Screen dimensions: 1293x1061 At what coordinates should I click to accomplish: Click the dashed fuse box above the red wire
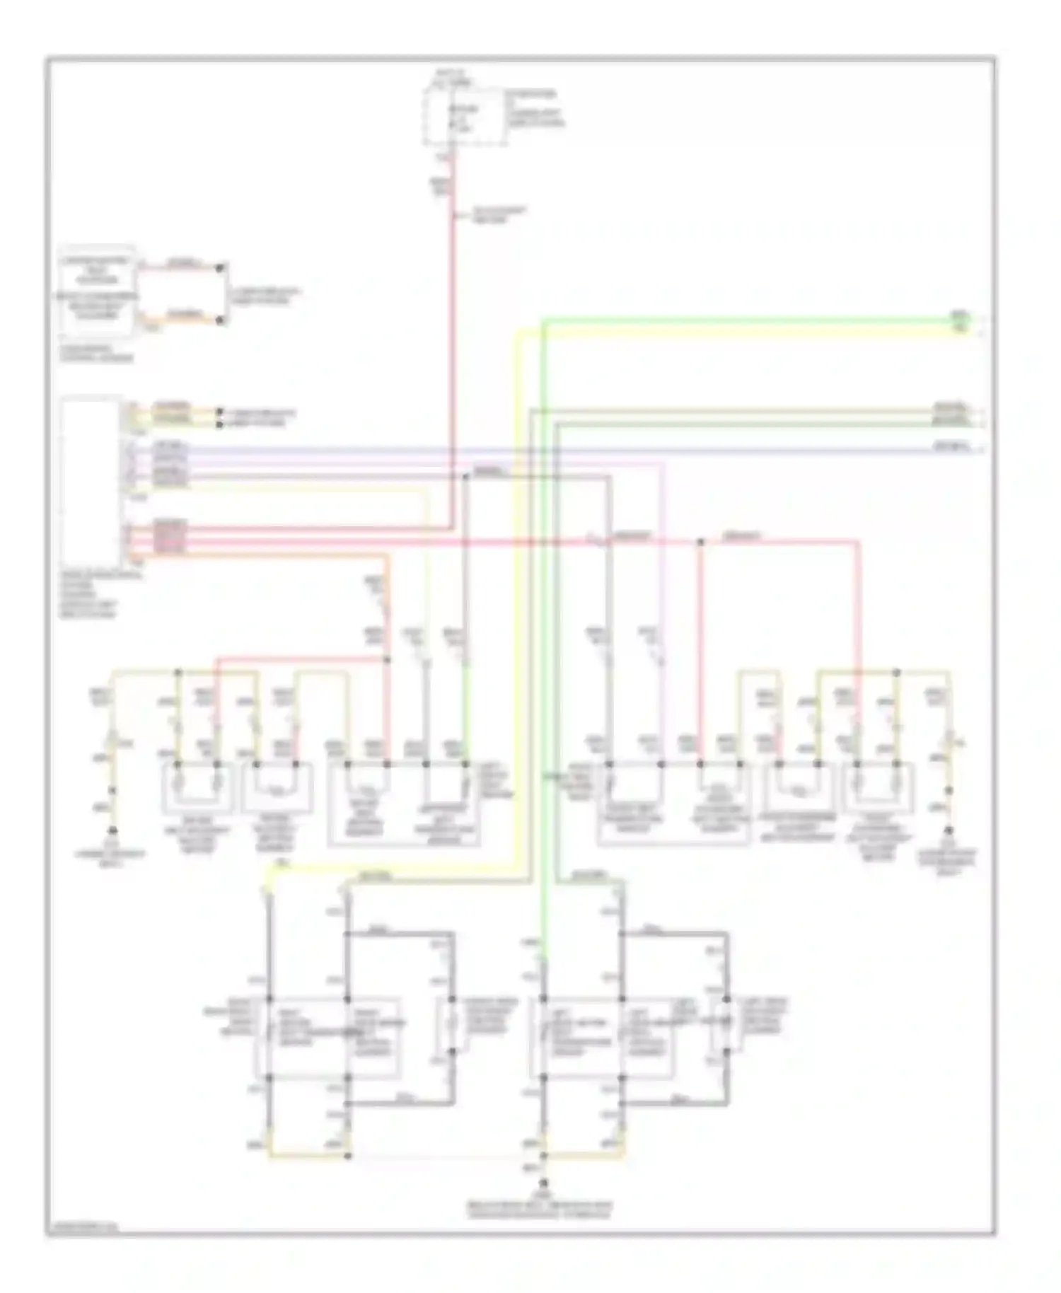pos(465,117)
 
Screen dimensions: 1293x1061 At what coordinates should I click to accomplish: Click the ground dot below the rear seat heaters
pos(543,1183)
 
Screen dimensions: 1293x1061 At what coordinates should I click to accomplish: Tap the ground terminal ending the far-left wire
pos(112,830)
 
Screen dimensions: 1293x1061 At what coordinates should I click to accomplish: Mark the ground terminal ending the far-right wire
pos(949,830)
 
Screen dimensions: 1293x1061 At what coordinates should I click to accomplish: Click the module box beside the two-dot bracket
pos(98,291)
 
